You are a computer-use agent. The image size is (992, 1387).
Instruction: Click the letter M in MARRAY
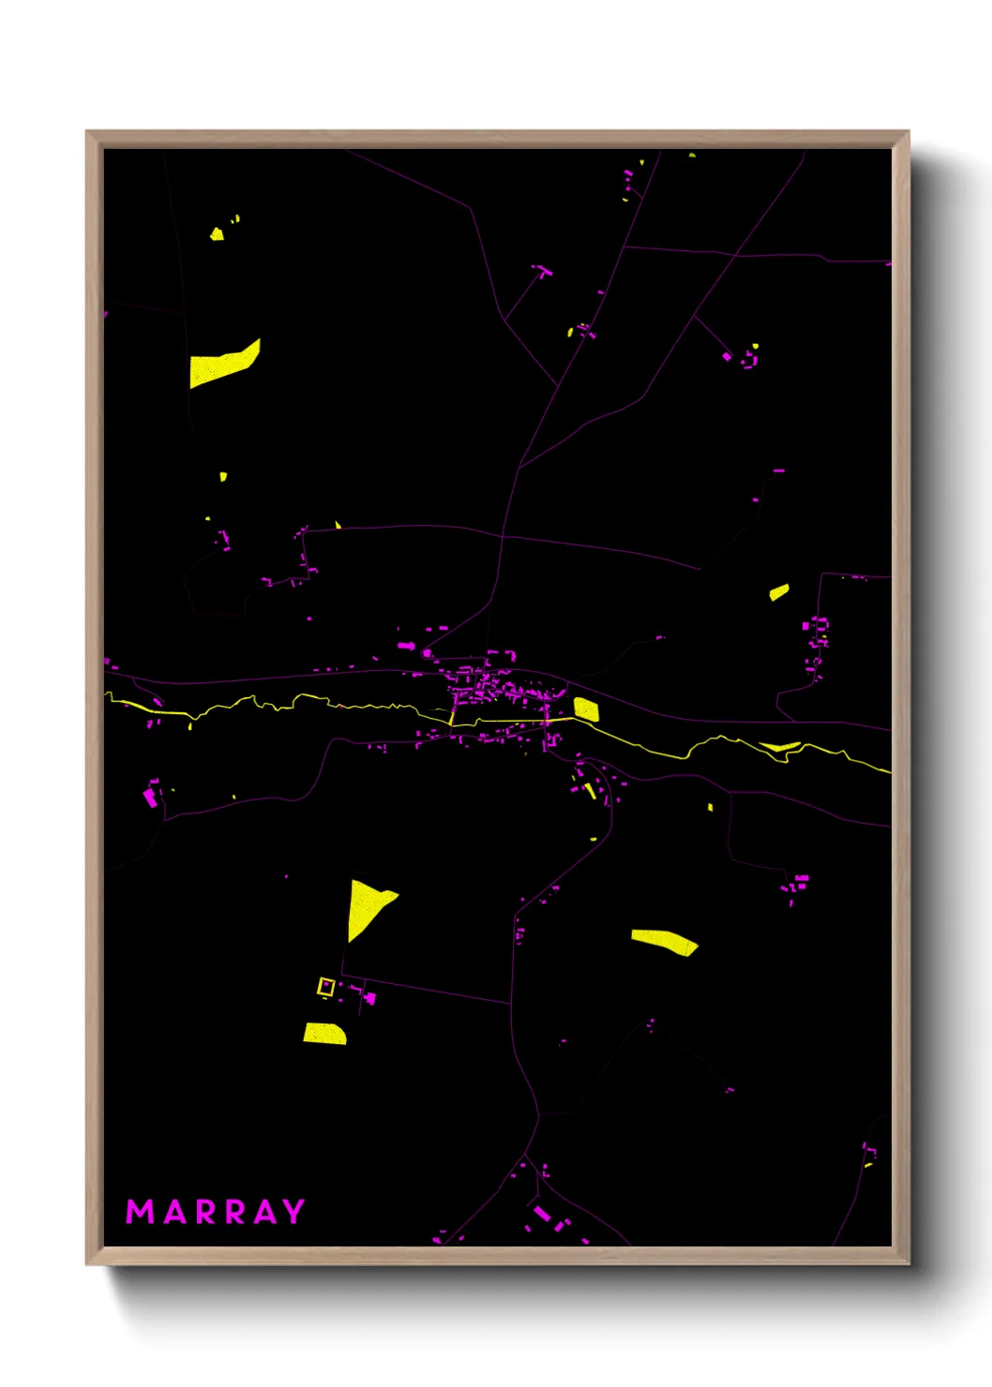pyautogui.click(x=140, y=1212)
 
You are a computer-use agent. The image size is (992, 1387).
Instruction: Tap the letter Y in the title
pyautogui.click(x=293, y=1212)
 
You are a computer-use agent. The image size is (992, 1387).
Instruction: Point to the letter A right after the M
pyautogui.click(x=175, y=1213)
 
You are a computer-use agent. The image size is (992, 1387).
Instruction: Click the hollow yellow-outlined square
pyautogui.click(x=326, y=987)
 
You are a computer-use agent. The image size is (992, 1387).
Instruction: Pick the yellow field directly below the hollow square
pyautogui.click(x=324, y=1033)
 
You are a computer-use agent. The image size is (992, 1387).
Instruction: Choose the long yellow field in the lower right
pyautogui.click(x=664, y=941)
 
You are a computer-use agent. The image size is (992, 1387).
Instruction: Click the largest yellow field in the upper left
pyautogui.click(x=223, y=365)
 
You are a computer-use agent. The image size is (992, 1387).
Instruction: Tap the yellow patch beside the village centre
pyautogui.click(x=586, y=709)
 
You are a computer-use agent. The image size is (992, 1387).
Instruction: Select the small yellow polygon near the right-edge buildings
pyautogui.click(x=779, y=591)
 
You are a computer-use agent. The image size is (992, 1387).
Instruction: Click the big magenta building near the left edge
pyautogui.click(x=149, y=798)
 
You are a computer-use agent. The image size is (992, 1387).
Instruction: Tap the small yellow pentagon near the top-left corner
pyautogui.click(x=217, y=233)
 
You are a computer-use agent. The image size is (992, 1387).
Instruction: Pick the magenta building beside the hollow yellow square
pyautogui.click(x=369, y=998)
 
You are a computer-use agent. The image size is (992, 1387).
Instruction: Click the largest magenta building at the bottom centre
pyautogui.click(x=541, y=1214)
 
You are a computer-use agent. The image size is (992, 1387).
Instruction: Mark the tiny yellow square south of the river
pyautogui.click(x=710, y=807)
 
